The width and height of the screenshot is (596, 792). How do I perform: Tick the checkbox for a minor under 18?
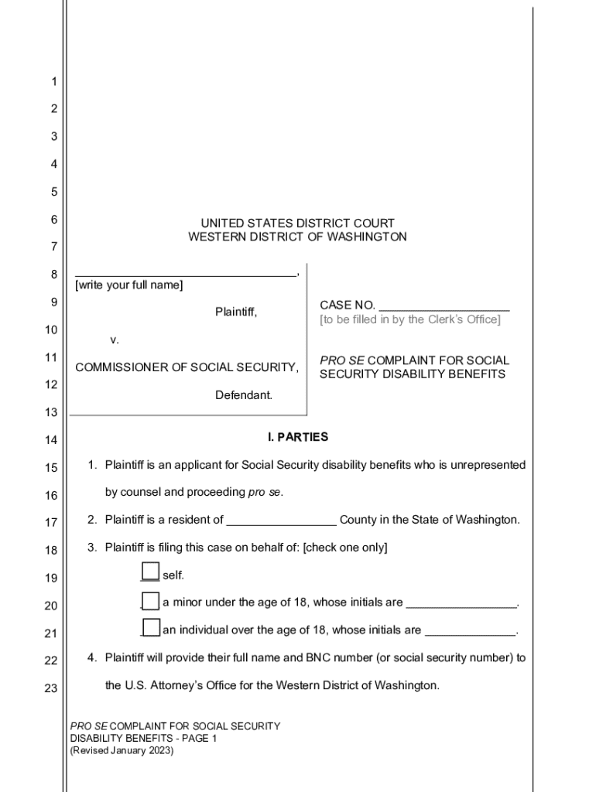pos(150,601)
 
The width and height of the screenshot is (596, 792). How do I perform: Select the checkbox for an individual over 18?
pos(152,627)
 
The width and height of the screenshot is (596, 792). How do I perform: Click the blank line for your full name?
pos(185,274)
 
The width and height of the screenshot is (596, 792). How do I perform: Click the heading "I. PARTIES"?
pos(298,437)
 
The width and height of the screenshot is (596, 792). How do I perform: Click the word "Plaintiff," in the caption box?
pos(236,312)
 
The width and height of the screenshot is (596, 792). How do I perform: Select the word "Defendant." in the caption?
pos(244,395)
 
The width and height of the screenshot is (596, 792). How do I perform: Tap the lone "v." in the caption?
pos(115,340)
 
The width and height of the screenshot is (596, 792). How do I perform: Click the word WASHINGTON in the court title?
pos(367,237)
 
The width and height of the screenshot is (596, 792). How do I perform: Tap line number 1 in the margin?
pos(54,81)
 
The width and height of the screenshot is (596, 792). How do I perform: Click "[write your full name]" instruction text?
pos(129,285)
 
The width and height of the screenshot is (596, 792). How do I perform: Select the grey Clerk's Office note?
pos(410,319)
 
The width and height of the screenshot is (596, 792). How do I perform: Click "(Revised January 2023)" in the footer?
pos(122,750)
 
